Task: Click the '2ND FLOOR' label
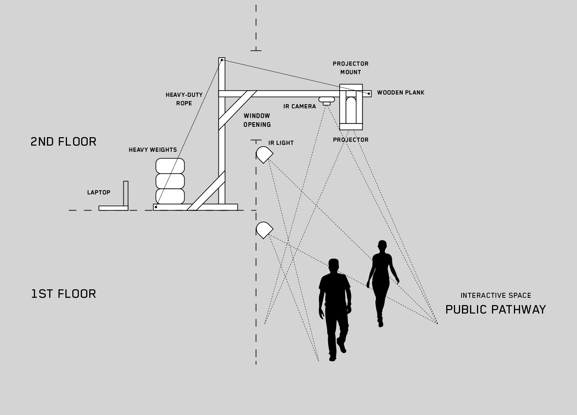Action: coord(63,142)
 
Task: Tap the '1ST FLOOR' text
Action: coord(63,294)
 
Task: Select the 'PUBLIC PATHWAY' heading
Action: coord(495,309)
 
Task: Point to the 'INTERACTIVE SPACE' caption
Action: coord(496,295)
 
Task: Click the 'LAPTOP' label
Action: coord(98,193)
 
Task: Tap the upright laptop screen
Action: coord(126,194)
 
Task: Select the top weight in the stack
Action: coord(170,166)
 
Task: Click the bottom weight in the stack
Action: coord(170,196)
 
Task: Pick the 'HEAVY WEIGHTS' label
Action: coord(153,150)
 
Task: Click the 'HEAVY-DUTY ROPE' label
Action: coord(184,99)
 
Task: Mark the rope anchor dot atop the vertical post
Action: coord(222,60)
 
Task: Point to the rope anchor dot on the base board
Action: coord(156,207)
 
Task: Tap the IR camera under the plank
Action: coord(327,101)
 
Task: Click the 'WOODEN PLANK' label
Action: coord(400,93)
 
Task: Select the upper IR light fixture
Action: coord(264,154)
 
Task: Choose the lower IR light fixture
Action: coord(264,230)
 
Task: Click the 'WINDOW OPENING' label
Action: coord(257,120)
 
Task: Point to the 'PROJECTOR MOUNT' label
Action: coord(350,68)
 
